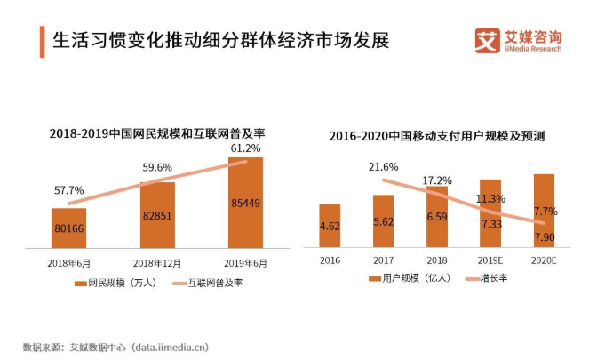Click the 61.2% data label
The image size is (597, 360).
[x=245, y=148]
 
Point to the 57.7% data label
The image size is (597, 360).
[x=68, y=190]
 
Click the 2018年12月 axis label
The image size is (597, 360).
[x=157, y=263]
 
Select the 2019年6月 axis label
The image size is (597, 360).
[x=245, y=263]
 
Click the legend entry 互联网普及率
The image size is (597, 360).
[x=207, y=283]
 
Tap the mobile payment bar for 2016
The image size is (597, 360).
[x=330, y=226]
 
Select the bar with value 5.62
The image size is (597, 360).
[x=383, y=221]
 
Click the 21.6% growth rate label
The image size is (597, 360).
[x=383, y=167]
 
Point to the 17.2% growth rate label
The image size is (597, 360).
[x=436, y=180]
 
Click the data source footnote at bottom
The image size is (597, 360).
[x=115, y=346]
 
